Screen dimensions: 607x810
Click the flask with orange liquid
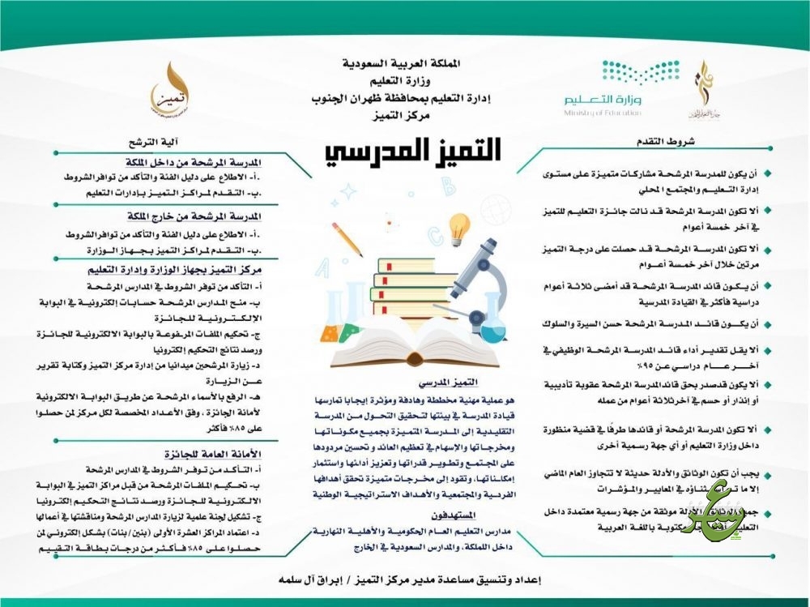point(329,324)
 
